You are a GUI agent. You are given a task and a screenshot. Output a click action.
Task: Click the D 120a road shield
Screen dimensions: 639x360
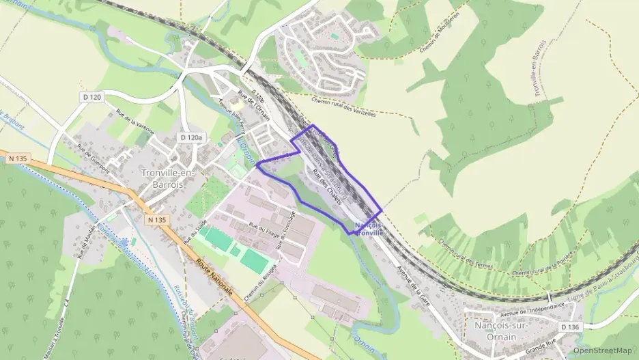tap(192, 137)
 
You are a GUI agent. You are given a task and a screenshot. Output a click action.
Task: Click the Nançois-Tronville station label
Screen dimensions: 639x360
tap(369, 229)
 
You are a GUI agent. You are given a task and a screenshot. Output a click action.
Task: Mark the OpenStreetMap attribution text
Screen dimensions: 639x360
tap(602, 350)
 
